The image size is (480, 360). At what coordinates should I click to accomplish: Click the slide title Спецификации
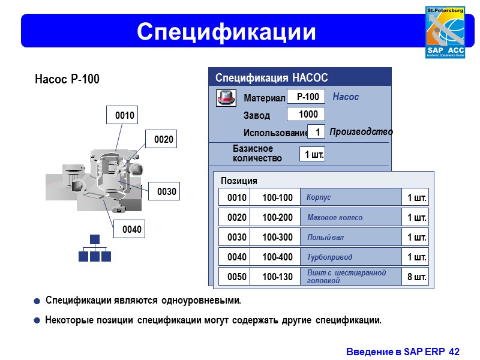coord(226,31)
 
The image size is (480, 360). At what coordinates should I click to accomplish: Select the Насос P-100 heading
coord(67,80)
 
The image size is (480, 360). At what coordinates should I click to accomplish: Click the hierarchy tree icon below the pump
coord(95,248)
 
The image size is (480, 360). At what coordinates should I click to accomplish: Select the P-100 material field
coord(308,97)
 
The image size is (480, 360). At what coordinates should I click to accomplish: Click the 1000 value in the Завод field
coord(308,115)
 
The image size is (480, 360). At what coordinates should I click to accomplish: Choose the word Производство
coord(361,132)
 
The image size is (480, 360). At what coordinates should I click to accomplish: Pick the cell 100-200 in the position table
coord(277,217)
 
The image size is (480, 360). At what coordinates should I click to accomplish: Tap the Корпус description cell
coord(350,197)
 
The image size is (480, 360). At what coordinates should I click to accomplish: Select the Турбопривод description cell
coord(350,257)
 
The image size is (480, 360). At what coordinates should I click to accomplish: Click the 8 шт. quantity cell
coord(416,277)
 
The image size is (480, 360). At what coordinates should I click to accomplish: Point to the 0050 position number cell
coord(237,277)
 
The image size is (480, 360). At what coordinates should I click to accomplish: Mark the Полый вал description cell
coord(350,237)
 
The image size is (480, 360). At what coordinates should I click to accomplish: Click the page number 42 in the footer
coord(454,352)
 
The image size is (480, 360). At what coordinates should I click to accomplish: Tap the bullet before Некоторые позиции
coord(37,321)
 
